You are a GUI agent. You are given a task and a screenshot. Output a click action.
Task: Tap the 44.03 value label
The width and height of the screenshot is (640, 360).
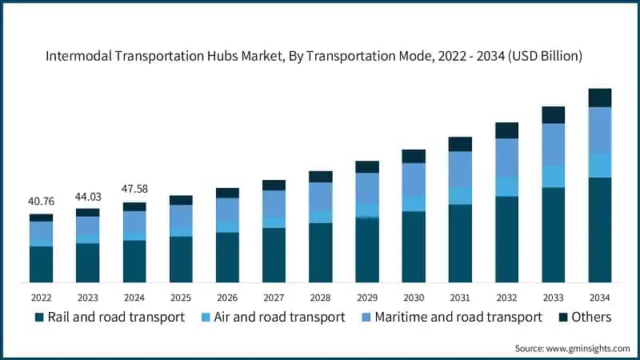click(x=87, y=197)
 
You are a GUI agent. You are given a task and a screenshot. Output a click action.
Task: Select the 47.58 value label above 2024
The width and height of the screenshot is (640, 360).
click(x=134, y=190)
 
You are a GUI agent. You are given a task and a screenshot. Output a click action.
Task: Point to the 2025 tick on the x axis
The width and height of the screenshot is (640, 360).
click(x=181, y=297)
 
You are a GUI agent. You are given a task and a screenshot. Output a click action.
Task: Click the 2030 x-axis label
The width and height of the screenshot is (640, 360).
click(x=414, y=297)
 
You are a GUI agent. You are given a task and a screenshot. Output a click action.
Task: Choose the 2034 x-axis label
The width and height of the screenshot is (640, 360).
click(x=600, y=297)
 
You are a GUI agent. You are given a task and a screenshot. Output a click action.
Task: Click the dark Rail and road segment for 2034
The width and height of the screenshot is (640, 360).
click(x=600, y=230)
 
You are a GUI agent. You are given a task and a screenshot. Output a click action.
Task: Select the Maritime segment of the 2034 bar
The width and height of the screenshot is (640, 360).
click(x=600, y=130)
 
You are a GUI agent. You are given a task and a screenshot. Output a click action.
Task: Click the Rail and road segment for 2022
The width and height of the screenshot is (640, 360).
click(x=41, y=264)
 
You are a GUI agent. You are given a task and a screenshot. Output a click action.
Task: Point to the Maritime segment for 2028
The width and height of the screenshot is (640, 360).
click(x=321, y=196)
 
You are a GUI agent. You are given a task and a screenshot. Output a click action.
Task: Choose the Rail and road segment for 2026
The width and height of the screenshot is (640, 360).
click(x=227, y=257)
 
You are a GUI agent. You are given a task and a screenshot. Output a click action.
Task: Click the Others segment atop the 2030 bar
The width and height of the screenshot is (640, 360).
click(x=414, y=156)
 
